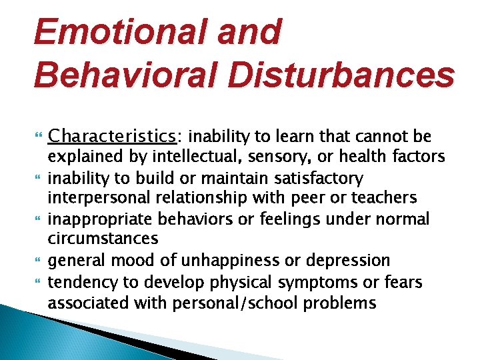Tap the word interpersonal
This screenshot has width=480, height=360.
pyautogui.click(x=93, y=198)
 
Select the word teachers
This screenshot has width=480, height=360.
pyautogui.click(x=386, y=198)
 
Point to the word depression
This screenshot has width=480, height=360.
pyautogui.click(x=351, y=260)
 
